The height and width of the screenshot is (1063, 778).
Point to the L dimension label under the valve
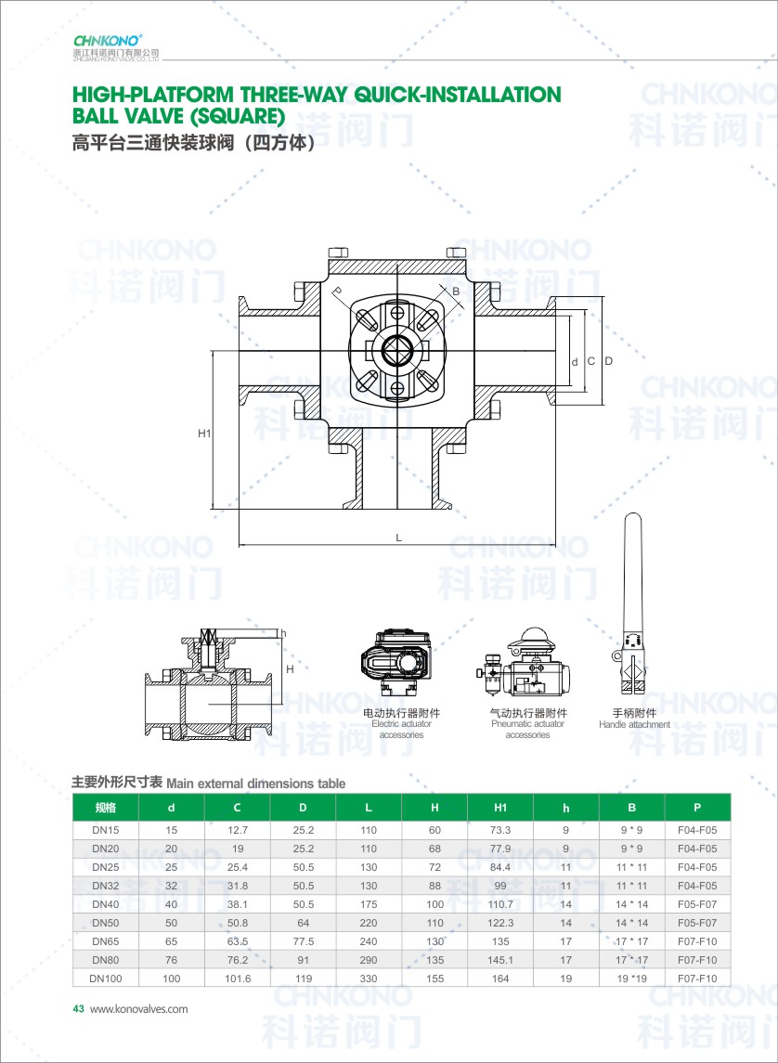[399, 538]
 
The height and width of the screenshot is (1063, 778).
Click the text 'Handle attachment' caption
[634, 725]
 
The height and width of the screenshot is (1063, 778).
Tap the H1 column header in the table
[500, 808]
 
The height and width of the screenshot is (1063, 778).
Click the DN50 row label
[105, 923]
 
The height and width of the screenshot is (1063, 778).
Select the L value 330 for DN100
[369, 979]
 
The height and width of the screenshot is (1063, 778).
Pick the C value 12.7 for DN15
[237, 831]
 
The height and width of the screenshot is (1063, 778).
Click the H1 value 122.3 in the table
[500, 923]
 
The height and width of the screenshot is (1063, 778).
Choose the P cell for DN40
[697, 904]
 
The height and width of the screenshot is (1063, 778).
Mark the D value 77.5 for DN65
[303, 941]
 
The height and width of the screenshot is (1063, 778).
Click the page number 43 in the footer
[78, 1009]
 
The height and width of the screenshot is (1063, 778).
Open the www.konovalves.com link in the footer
[139, 1009]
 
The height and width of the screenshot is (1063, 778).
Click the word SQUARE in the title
[235, 117]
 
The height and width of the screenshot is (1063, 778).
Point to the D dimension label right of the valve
[609, 361]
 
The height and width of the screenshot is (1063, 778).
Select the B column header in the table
[631, 808]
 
